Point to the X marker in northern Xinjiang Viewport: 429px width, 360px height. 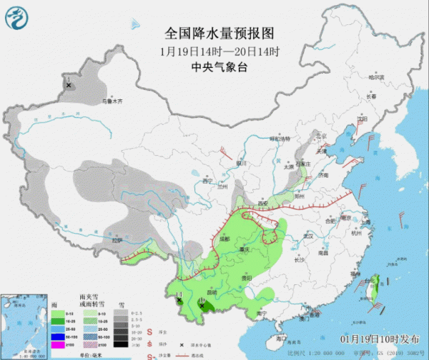tap(69, 85)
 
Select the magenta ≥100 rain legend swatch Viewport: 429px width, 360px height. tap(55, 344)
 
